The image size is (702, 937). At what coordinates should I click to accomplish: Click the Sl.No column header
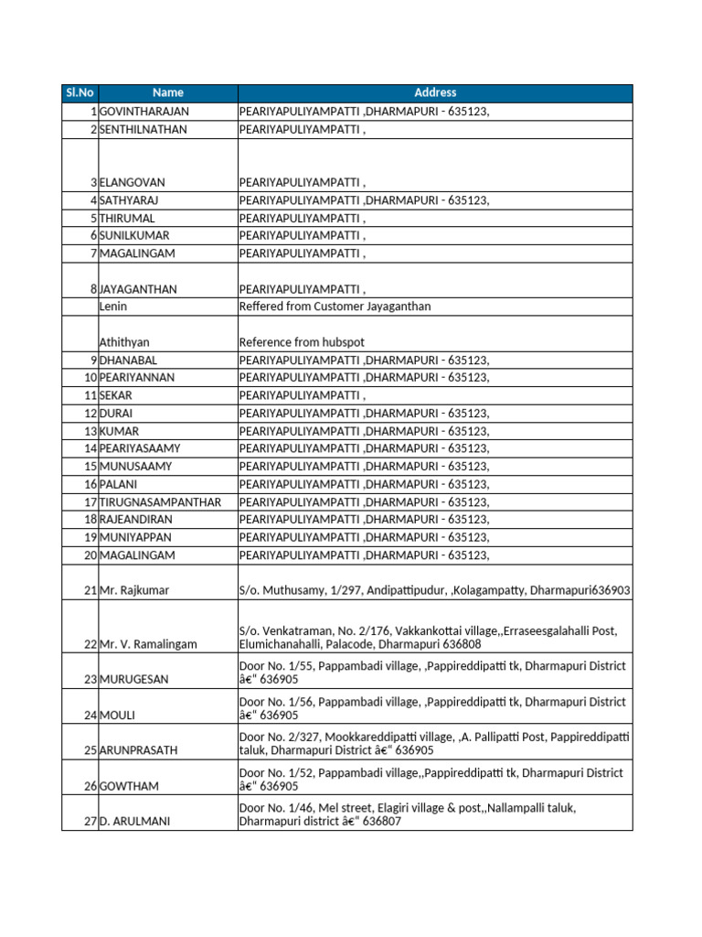coord(80,92)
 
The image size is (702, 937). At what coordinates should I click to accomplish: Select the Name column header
coord(168,92)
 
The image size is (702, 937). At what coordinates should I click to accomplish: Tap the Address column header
coord(435,92)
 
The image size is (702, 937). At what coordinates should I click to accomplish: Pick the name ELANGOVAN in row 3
coord(133,183)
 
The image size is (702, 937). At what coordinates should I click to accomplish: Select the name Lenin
coord(112,307)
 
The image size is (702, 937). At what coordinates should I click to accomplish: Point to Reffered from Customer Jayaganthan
coord(335,307)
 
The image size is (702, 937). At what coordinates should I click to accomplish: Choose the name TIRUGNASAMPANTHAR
coord(160,502)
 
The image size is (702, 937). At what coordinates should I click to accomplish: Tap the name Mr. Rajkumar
coord(134,591)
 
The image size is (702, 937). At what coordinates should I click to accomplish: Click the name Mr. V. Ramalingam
coord(148,644)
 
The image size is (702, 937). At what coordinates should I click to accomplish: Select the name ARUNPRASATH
coord(139,750)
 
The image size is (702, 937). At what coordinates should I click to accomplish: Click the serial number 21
coord(90,591)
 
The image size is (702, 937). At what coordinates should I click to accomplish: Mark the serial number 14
coord(90,449)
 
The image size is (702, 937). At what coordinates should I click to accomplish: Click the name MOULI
coord(117,716)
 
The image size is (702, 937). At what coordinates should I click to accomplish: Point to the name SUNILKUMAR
coord(134,236)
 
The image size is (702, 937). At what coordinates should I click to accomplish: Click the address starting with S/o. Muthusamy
coord(434,591)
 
